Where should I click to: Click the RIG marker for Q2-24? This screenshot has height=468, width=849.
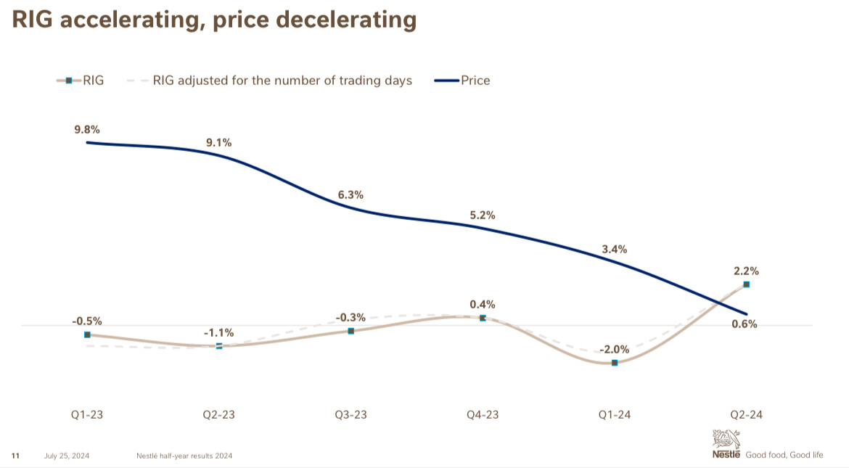pos(747,284)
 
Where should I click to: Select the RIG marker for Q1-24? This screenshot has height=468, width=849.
pos(615,362)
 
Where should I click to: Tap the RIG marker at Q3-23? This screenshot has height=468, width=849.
pos(351,331)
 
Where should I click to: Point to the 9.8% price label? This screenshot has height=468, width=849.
pos(86,130)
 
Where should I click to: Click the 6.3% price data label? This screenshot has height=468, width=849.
pos(350,195)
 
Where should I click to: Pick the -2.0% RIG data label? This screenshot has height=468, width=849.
pos(614,348)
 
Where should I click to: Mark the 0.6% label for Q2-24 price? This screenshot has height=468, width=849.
pos(745,324)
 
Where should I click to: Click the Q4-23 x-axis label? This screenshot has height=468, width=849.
pos(483,414)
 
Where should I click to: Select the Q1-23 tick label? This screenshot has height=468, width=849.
pos(86,414)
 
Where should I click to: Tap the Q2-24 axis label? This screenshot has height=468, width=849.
pos(746,414)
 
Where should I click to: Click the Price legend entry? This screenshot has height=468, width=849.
pos(475,81)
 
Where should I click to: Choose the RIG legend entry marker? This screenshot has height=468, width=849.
pos(69,81)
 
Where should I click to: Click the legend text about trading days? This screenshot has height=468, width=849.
pos(282,81)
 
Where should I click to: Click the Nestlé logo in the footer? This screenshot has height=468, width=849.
pos(726,444)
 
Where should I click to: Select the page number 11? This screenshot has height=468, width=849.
pos(15,456)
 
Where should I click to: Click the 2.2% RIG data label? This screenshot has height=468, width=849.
pos(746,271)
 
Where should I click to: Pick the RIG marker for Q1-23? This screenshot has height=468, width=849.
pos(87,334)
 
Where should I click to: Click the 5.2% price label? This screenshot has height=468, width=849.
pos(483,215)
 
